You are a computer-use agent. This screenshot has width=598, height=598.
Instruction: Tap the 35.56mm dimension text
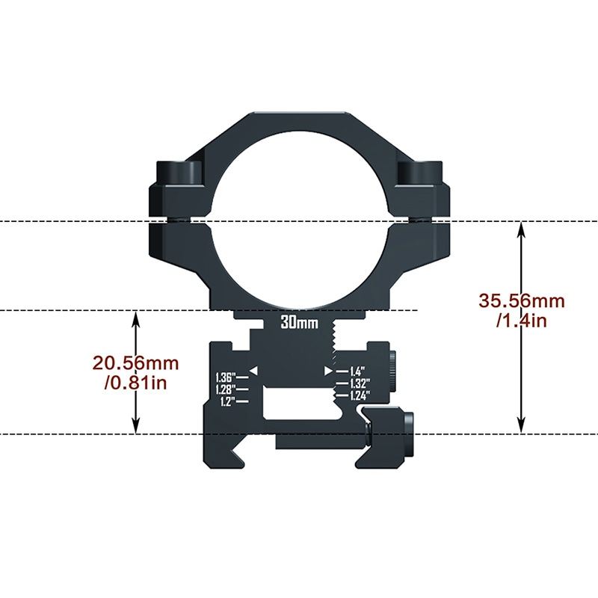pos(521,301)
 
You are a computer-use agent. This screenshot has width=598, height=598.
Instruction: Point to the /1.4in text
pos(521,321)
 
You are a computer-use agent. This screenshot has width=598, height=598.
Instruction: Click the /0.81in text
pos(135,383)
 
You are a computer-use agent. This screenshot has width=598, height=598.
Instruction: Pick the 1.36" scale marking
pos(226,377)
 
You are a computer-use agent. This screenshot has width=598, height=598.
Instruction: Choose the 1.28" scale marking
pos(226,389)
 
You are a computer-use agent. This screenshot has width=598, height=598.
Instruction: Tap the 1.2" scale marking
pos(228,401)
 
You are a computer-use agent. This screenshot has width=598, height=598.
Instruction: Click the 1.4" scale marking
pos(356,372)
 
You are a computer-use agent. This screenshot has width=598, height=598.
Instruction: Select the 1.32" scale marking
pos(360,383)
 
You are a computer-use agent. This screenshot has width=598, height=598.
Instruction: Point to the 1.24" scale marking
pos(360,395)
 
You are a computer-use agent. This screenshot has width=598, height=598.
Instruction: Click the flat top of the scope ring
pos(299,114)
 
